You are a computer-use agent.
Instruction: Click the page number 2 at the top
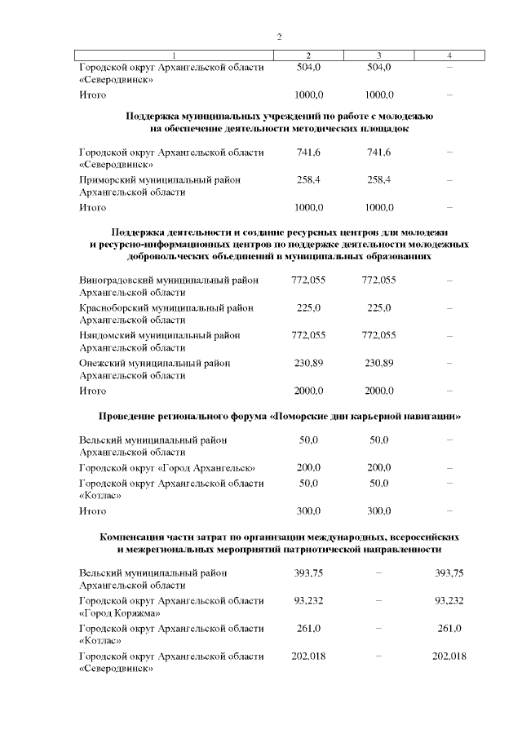(279, 37)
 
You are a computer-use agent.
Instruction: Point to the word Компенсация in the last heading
(140, 537)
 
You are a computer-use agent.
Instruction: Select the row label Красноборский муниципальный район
(166, 307)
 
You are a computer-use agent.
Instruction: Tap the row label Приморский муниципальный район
(159, 179)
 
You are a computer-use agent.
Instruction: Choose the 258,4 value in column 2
(308, 179)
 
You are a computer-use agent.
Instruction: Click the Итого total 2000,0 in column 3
(379, 391)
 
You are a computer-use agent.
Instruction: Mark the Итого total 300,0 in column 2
(308, 510)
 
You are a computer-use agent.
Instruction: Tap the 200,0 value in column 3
(379, 468)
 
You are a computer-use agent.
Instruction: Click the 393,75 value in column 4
(449, 572)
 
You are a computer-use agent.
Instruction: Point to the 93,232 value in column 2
(308, 600)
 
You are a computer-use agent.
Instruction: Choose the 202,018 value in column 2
(308, 656)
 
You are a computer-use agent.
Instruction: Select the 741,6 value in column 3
(379, 152)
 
